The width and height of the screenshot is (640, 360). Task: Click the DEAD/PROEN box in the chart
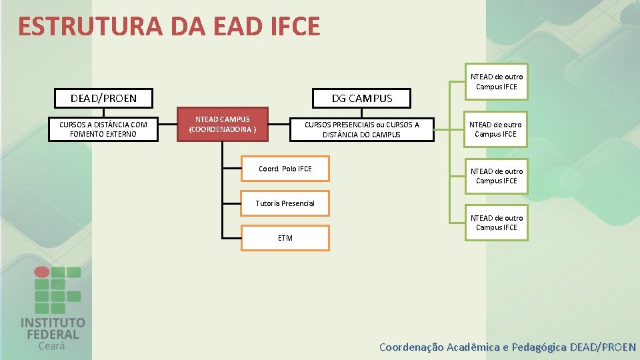[x=103, y=99]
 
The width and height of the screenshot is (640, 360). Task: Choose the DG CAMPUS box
[x=362, y=99]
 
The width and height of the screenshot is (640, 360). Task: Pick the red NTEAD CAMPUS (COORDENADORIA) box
[x=223, y=124]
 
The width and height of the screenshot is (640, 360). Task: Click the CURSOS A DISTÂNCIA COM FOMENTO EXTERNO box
[x=103, y=129]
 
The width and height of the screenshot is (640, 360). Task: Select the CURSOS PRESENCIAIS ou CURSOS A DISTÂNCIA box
[x=362, y=129]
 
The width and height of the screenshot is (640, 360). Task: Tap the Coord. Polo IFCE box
[x=285, y=169]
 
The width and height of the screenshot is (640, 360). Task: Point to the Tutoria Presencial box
[x=285, y=203]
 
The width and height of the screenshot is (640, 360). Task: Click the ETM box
[x=285, y=238]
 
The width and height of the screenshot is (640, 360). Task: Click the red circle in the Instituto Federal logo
[x=41, y=272]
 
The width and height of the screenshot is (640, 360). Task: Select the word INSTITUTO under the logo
[x=53, y=323]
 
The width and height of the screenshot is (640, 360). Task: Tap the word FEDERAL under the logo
[x=53, y=335]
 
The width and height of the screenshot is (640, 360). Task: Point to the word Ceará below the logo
[x=52, y=346]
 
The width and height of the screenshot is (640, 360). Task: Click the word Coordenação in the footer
[x=411, y=347]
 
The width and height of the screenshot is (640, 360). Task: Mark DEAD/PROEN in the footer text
[x=603, y=347]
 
